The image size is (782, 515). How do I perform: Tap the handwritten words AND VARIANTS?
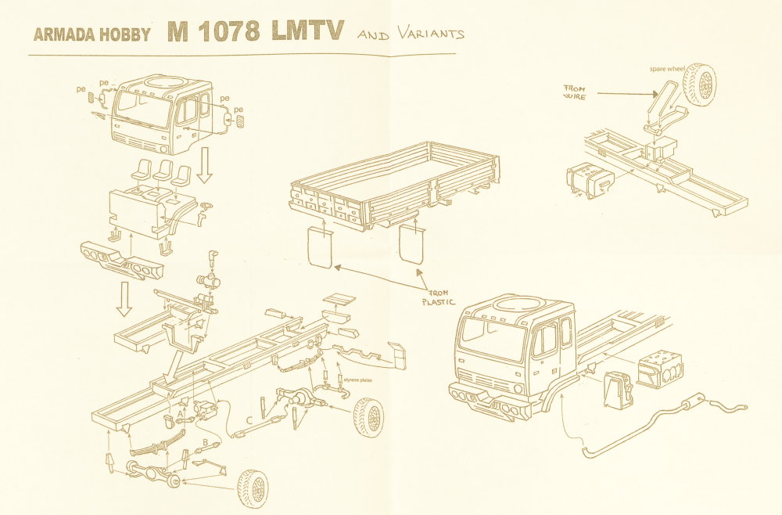pos(410,34)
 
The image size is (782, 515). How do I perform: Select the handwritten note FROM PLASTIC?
pos(438,295)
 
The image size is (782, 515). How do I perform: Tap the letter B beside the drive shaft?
pos(205,443)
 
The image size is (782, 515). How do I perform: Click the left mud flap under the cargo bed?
pos(318,247)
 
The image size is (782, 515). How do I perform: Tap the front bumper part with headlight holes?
pos(123,260)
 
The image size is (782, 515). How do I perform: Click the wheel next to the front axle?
pos(252,487)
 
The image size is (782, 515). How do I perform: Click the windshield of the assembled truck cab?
pos(492,339)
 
